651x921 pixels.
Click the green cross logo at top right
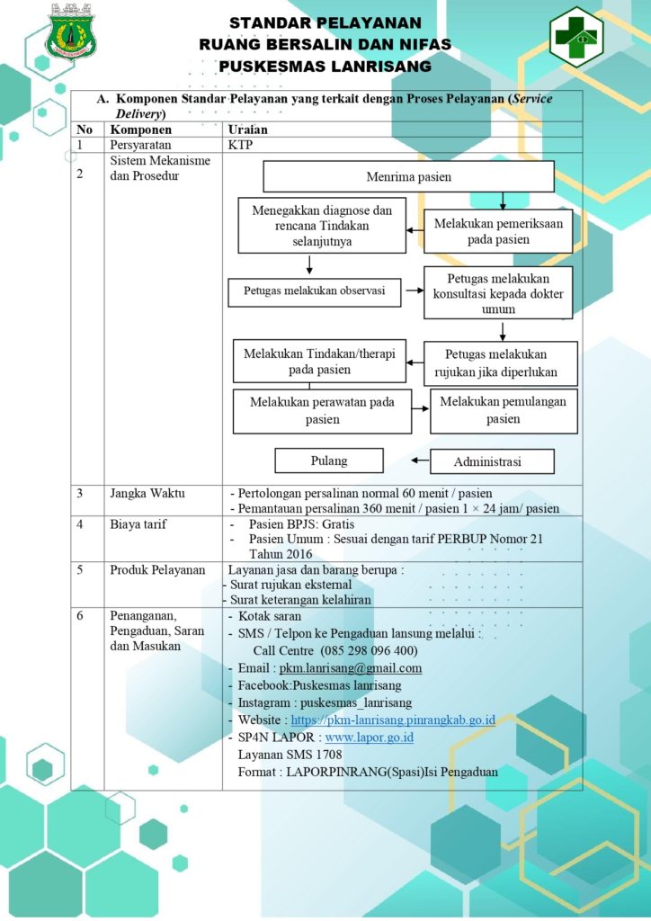pos(576,36)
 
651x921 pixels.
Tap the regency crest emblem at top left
pos(71,33)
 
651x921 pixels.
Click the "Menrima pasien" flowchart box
pos(408,177)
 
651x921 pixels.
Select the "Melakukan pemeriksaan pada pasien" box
pos(498,231)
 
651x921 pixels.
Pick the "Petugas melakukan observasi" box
pos(315,291)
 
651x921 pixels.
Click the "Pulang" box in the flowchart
pos(329,461)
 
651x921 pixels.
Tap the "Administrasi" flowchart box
pos(492,461)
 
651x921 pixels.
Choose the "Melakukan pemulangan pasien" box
pos(504,410)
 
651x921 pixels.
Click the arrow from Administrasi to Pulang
pos(420,460)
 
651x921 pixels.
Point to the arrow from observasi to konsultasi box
pos(415,291)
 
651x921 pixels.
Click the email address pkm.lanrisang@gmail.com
pos(351,668)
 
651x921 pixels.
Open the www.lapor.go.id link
pos(370,738)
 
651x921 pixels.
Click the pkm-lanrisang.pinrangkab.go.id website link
pos(393,720)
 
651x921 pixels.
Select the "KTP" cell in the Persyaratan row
pos(240,145)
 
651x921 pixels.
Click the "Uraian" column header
pos(247,130)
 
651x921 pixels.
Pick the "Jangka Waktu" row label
pos(147,494)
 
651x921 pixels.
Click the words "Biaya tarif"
pos(138,524)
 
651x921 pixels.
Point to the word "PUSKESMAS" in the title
pos(272,67)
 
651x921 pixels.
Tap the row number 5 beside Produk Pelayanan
pos(80,569)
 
